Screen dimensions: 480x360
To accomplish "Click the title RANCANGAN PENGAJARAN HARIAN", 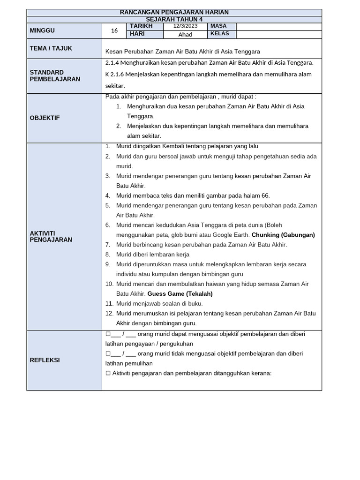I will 174,12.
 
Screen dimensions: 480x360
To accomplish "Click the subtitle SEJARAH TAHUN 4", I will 174,19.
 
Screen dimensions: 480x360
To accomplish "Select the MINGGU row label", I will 42,30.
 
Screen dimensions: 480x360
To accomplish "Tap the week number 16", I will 114,30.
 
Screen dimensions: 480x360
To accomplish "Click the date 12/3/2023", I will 185,26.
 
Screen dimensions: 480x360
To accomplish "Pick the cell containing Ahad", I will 185,34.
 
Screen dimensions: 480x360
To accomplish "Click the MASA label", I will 218,26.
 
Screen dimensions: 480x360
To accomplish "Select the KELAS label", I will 219,34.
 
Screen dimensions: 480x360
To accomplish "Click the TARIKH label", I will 141,26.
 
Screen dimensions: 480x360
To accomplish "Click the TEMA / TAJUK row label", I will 51,48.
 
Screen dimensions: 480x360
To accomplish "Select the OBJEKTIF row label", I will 45,118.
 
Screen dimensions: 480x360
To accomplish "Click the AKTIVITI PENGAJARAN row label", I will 51,236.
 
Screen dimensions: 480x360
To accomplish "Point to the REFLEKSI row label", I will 45,360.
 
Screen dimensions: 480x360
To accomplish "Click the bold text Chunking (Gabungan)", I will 283,235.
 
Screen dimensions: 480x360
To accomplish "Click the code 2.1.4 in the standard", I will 113,62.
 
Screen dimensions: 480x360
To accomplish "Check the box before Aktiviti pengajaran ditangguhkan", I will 108,373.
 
